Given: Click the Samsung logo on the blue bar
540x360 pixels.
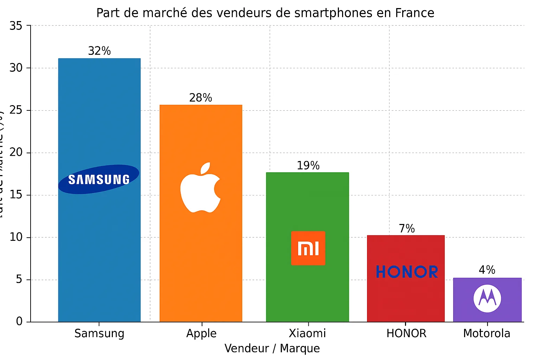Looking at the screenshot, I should point(99,179).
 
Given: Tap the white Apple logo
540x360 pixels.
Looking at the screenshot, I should point(200,188).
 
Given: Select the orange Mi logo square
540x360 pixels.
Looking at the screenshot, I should point(308,248).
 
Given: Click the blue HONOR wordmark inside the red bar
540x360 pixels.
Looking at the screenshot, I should point(407,272).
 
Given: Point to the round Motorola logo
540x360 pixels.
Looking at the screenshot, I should point(487,298).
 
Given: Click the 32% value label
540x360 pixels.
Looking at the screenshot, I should point(99,51).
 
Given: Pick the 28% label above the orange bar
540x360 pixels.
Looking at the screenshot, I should point(200,98).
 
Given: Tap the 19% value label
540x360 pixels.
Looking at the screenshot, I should point(308,166).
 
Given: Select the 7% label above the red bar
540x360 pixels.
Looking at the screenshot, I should point(406,229).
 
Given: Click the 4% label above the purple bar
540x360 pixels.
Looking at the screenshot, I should point(487,270).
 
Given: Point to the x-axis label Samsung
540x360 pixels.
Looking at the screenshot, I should point(99,333).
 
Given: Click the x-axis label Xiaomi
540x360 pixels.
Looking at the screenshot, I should point(307,333).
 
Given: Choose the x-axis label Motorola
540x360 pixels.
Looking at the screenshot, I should point(487,333).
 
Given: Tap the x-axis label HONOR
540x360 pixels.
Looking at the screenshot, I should point(406,333).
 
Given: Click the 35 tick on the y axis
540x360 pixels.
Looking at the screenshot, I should point(16,26).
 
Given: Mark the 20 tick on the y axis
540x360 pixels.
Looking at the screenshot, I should point(16,153).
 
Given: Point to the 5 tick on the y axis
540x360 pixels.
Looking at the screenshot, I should point(19,279).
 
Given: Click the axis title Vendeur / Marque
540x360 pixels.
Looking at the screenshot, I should point(272,348).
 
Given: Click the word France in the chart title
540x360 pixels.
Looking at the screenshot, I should point(414,13).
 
